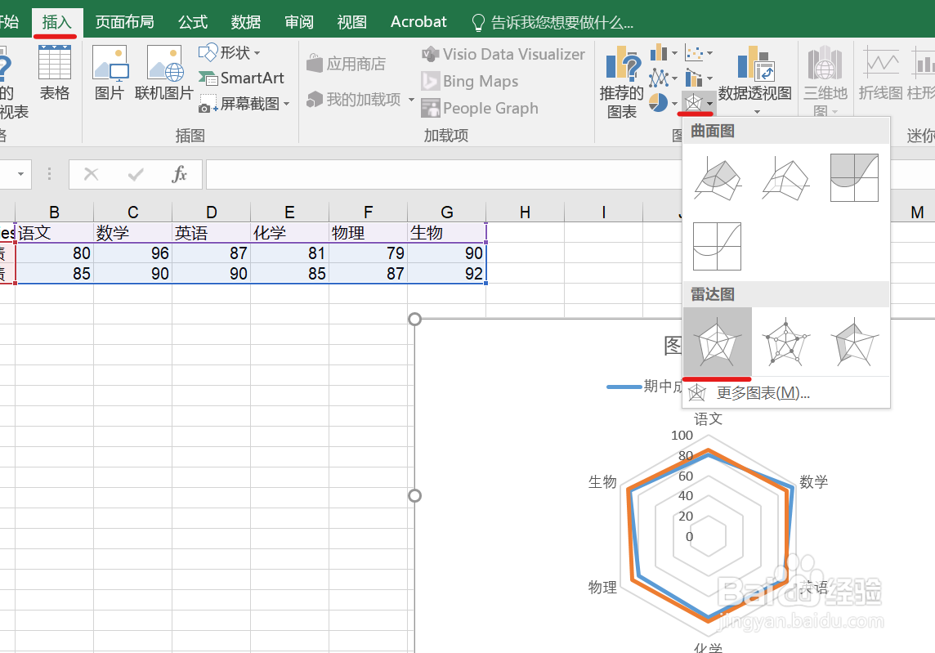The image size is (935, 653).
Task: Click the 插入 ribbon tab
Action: tap(56, 22)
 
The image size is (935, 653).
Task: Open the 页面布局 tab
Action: tap(124, 22)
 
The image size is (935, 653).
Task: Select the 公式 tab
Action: tap(193, 22)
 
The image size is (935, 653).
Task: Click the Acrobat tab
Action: tap(418, 22)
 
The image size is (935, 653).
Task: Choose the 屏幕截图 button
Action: tap(244, 104)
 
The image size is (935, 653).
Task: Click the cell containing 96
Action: tap(132, 253)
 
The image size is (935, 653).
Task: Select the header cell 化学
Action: tap(289, 233)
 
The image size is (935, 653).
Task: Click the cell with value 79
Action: tap(368, 253)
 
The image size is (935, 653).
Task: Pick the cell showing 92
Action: tap(446, 274)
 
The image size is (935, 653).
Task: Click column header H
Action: tap(525, 212)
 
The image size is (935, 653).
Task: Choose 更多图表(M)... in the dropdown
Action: tap(763, 393)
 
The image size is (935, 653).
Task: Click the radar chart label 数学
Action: tap(814, 482)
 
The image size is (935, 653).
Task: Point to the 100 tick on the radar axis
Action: tap(682, 436)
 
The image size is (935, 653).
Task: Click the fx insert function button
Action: tap(180, 174)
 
